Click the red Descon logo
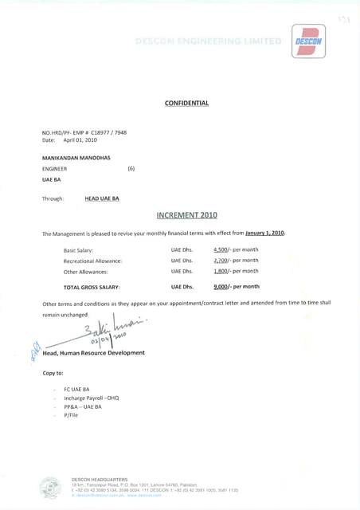pyautogui.click(x=308, y=41)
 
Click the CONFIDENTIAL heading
pyautogui.click(x=186, y=103)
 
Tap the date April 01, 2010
pyautogui.click(x=74, y=139)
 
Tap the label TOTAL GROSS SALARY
pyautogui.click(x=92, y=286)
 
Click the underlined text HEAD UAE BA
pyautogui.click(x=102, y=198)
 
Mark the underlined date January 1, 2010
pyautogui.click(x=264, y=233)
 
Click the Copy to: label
pyautogui.click(x=53, y=373)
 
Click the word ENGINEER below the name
pyautogui.click(x=54, y=169)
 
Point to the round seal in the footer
pyautogui.click(x=50, y=486)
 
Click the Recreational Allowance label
pyautogui.click(x=92, y=261)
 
